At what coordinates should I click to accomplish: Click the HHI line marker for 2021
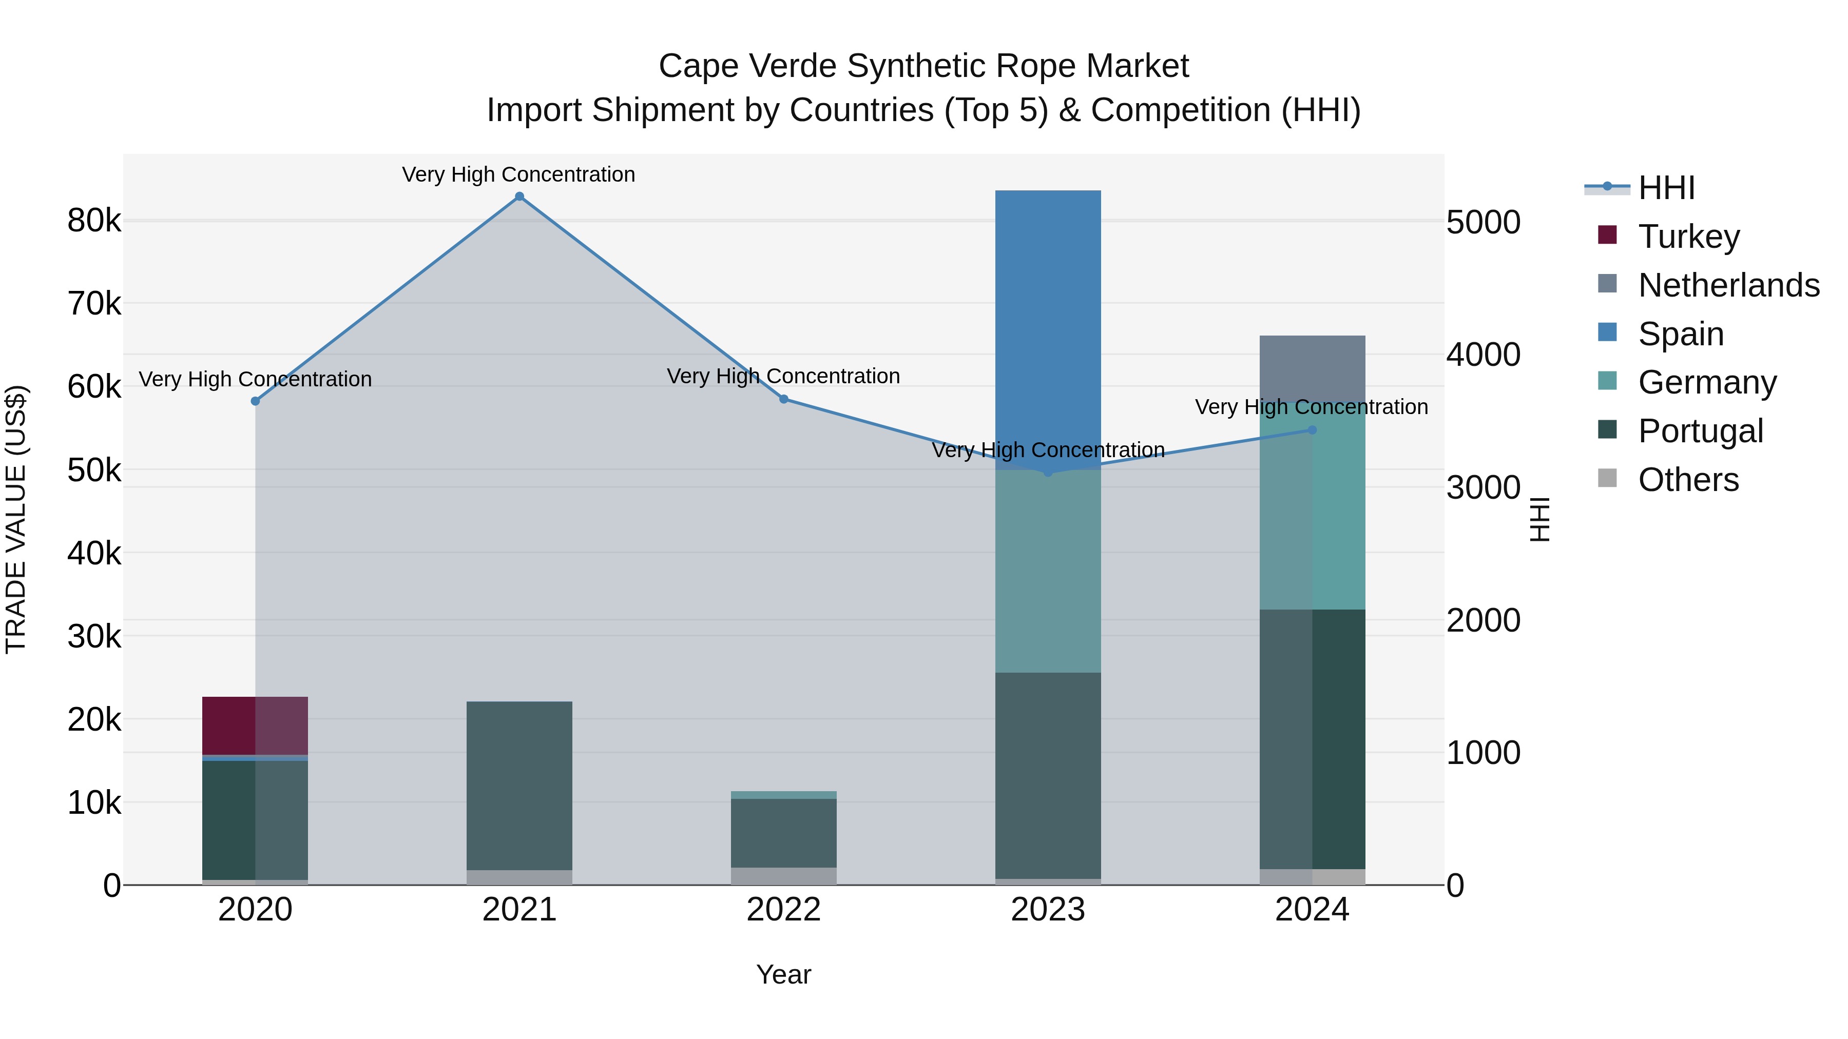519,197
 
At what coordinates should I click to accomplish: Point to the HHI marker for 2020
256,401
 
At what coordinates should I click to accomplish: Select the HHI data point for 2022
783,399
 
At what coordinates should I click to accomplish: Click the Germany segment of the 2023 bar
1047,571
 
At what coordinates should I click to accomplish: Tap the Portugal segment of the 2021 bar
519,785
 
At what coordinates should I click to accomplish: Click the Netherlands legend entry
1728,285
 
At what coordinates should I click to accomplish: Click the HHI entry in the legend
1666,188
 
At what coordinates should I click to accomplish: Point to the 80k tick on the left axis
94,221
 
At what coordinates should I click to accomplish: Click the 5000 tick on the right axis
1483,222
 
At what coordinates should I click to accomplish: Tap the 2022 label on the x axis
783,910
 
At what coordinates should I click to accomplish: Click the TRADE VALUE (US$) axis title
16,519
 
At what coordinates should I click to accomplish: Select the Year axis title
783,974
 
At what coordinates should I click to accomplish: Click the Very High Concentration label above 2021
518,174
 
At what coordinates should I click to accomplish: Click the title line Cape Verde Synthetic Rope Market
923,66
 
